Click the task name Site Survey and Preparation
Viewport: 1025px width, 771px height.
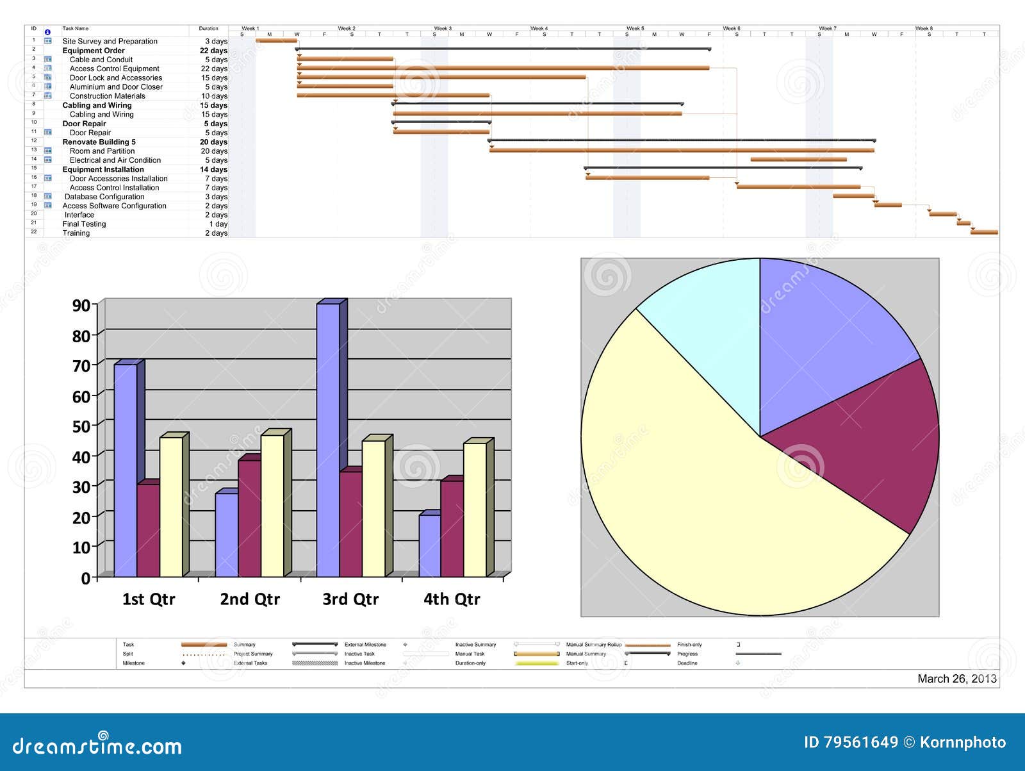tap(110, 41)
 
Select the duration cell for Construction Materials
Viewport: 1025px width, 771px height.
tap(214, 96)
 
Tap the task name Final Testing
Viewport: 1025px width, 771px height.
tap(84, 224)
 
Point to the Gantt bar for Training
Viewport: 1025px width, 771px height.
tap(984, 232)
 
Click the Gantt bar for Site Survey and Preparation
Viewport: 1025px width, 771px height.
tap(276, 40)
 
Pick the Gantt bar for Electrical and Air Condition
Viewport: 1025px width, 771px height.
tap(798, 160)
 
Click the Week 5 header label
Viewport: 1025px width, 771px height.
tap(635, 29)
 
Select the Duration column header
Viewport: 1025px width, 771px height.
tap(208, 29)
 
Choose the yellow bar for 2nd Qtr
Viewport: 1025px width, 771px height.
tap(272, 506)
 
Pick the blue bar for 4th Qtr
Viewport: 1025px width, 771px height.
tap(429, 545)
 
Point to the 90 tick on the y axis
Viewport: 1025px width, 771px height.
tap(81, 305)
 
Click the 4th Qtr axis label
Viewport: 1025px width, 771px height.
tap(452, 599)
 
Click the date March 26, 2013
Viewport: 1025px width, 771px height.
tap(956, 679)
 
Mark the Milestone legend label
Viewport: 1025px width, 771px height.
tap(133, 663)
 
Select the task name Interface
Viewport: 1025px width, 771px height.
tap(79, 215)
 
